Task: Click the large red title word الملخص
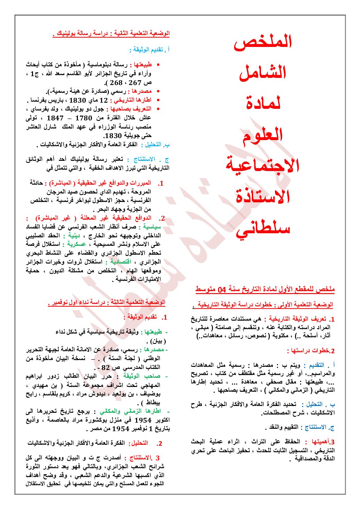[263, 42]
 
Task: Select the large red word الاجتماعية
[263, 165]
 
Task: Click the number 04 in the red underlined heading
[222, 290]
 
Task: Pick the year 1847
[55, 118]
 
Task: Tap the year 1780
[84, 118]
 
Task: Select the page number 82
[106, 368]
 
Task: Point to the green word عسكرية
[77, 244]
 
